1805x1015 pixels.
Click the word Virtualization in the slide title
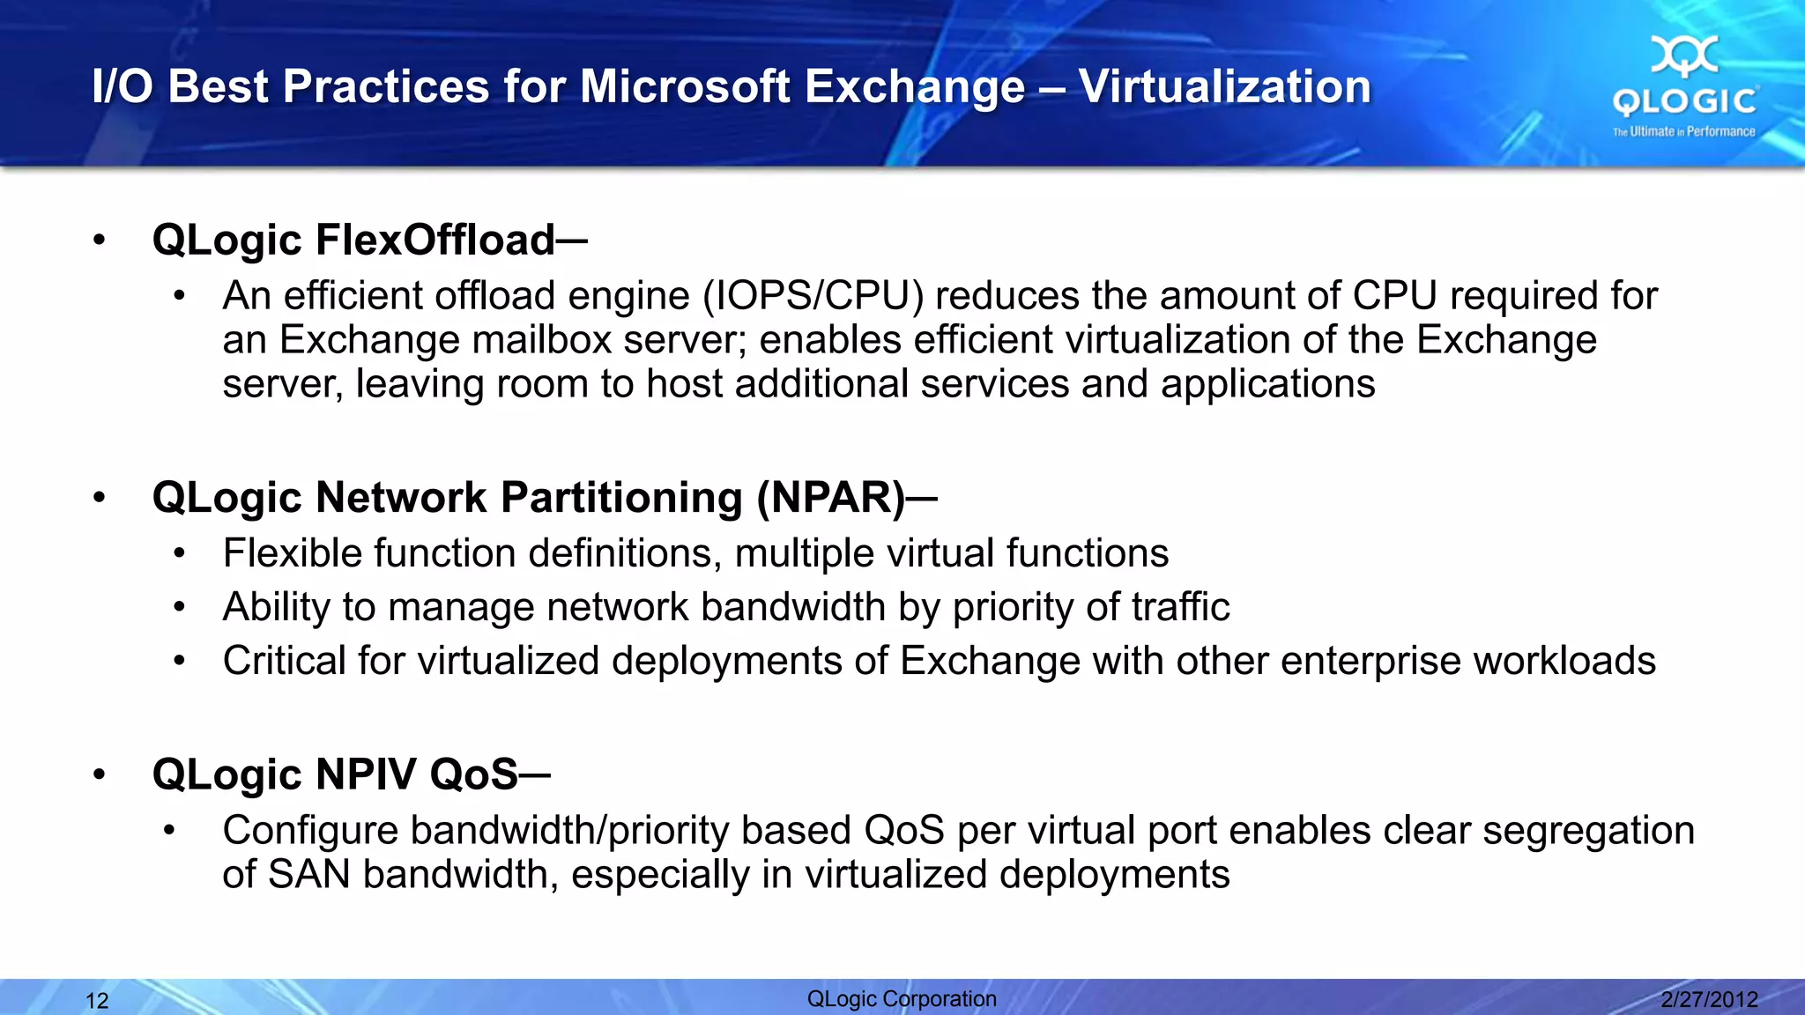click(1224, 86)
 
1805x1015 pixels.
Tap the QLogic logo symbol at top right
click(1684, 56)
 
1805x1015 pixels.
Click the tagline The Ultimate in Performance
click(1683, 132)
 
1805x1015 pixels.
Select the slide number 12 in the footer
click(97, 1001)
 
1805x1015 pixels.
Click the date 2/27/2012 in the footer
click(1709, 999)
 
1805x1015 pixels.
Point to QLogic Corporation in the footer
click(902, 998)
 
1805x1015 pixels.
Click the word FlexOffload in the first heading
click(435, 240)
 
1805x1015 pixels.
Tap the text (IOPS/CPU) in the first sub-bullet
click(813, 296)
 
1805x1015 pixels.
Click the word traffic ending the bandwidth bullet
click(1180, 607)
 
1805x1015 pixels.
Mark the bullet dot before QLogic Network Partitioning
click(100, 498)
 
